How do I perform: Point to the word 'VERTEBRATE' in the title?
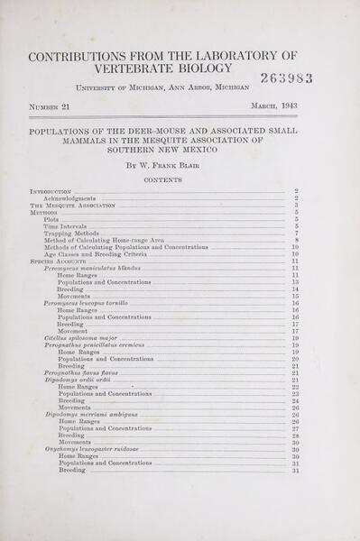[136, 69]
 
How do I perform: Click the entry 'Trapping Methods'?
[71, 234]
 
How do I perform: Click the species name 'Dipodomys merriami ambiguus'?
[91, 414]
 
